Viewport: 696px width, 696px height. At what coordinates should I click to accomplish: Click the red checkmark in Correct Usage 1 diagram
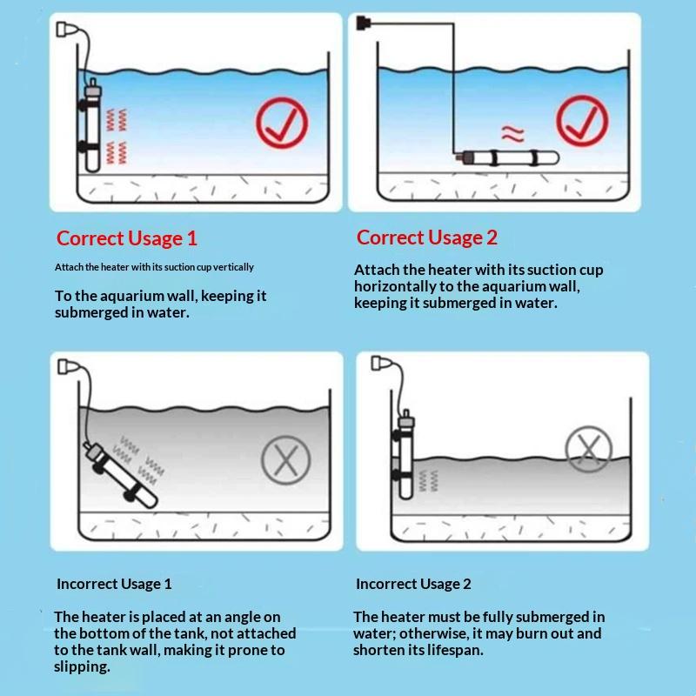[282, 123]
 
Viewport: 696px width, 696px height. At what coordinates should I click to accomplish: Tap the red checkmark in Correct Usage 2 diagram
[582, 120]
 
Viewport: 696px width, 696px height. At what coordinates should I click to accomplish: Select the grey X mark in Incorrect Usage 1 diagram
[286, 460]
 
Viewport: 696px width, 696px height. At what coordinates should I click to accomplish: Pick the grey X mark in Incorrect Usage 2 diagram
[589, 449]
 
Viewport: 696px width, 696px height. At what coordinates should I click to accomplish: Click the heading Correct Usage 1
[126, 238]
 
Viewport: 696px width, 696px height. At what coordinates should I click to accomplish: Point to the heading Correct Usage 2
[426, 238]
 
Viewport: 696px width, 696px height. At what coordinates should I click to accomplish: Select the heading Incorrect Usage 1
[114, 584]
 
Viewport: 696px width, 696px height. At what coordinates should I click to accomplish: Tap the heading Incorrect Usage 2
[413, 584]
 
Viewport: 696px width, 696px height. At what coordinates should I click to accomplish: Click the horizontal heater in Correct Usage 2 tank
[506, 157]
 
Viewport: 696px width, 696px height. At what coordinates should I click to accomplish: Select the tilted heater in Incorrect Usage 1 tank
[121, 475]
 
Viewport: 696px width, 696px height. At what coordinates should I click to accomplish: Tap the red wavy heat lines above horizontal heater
[512, 134]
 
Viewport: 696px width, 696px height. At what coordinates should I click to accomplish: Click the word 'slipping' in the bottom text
[82, 666]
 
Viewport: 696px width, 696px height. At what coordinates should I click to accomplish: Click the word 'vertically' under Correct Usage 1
[233, 267]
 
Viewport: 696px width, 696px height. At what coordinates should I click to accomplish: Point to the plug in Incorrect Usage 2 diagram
[382, 363]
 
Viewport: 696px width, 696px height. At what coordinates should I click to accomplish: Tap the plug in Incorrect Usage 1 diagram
[69, 366]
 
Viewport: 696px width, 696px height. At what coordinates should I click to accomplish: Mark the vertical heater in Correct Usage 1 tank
[91, 125]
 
